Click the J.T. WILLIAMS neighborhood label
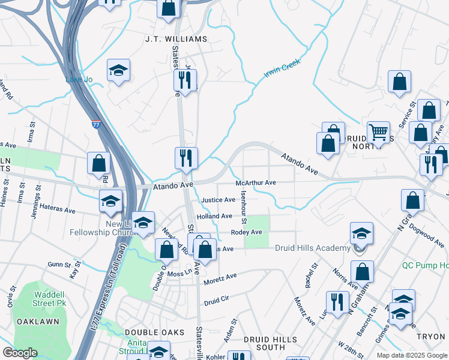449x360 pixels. click(176, 39)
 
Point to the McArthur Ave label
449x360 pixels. click(256, 182)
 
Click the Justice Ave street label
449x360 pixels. click(218, 200)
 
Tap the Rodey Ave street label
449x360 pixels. click(247, 232)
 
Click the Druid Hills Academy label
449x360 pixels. click(312, 248)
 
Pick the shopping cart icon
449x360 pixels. click(378, 131)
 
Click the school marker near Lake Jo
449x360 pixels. click(119, 71)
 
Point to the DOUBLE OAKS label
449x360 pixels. click(149, 332)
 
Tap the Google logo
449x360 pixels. click(20, 352)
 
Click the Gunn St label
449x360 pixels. click(59, 264)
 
